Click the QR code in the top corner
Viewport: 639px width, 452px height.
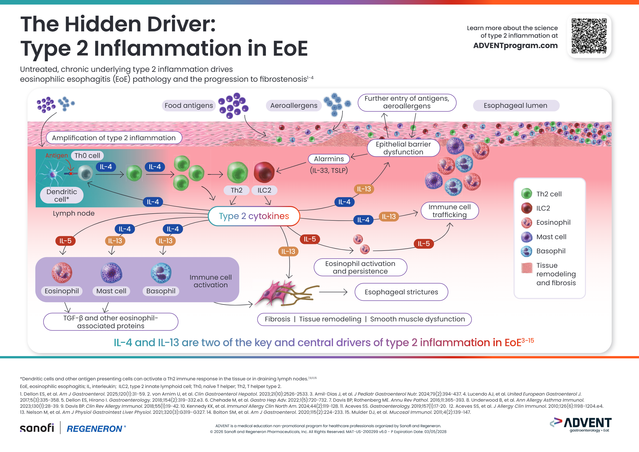click(589, 36)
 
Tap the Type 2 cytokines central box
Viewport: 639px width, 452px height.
click(254, 216)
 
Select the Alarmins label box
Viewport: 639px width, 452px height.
click(329, 159)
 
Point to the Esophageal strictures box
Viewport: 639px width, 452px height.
click(401, 292)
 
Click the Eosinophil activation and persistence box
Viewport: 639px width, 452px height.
click(360, 267)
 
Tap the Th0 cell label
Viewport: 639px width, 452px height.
click(87, 156)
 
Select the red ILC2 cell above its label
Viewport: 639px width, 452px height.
click(264, 172)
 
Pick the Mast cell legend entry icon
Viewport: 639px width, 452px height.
click(526, 237)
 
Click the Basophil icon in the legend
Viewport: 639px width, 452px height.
click(526, 251)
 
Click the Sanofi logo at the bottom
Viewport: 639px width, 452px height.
click(37, 428)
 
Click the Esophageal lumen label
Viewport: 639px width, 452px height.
click(516, 106)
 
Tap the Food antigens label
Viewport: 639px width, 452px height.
click(189, 106)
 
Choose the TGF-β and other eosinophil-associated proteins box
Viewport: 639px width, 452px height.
click(111, 322)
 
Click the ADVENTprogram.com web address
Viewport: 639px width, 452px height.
click(515, 46)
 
